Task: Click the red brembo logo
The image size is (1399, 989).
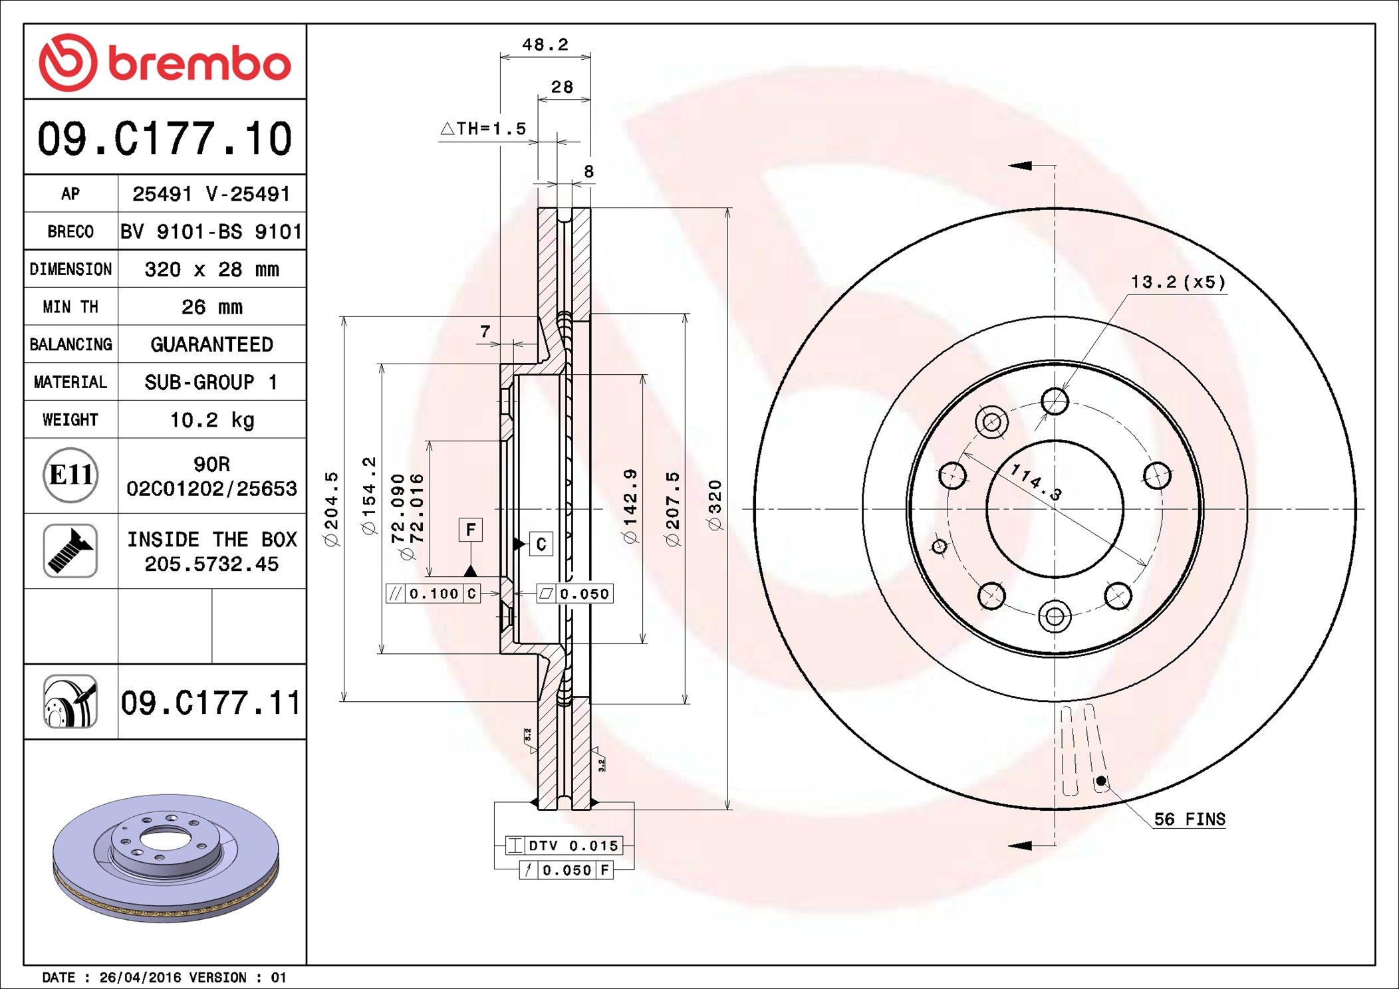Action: coord(164,62)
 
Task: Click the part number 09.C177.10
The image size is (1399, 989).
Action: coord(164,138)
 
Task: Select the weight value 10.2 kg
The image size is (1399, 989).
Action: coord(211,419)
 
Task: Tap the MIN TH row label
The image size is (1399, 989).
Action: coord(70,306)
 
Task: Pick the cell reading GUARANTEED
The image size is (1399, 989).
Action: coord(211,344)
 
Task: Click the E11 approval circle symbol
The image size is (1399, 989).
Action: coord(70,475)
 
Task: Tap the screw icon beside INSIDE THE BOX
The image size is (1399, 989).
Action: coord(70,550)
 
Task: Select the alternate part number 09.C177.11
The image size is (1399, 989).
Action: coord(211,703)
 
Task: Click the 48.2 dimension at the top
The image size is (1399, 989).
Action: coord(545,45)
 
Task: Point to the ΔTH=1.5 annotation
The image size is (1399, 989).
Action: coord(483,128)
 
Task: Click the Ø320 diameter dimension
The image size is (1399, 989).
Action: coord(715,505)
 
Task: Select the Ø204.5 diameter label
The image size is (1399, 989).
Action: coord(331,509)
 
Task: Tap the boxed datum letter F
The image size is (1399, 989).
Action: coord(471,530)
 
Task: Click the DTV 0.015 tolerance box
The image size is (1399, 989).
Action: coord(565,845)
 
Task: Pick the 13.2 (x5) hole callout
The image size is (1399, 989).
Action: coord(1178,282)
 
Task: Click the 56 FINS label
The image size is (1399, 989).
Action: coord(1189,819)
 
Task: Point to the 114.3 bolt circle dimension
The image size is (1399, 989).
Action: coord(1035,482)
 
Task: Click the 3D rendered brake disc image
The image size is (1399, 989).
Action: coord(166,857)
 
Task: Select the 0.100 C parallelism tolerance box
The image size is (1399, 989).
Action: coord(433,594)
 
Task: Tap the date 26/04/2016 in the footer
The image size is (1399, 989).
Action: coord(140,977)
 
